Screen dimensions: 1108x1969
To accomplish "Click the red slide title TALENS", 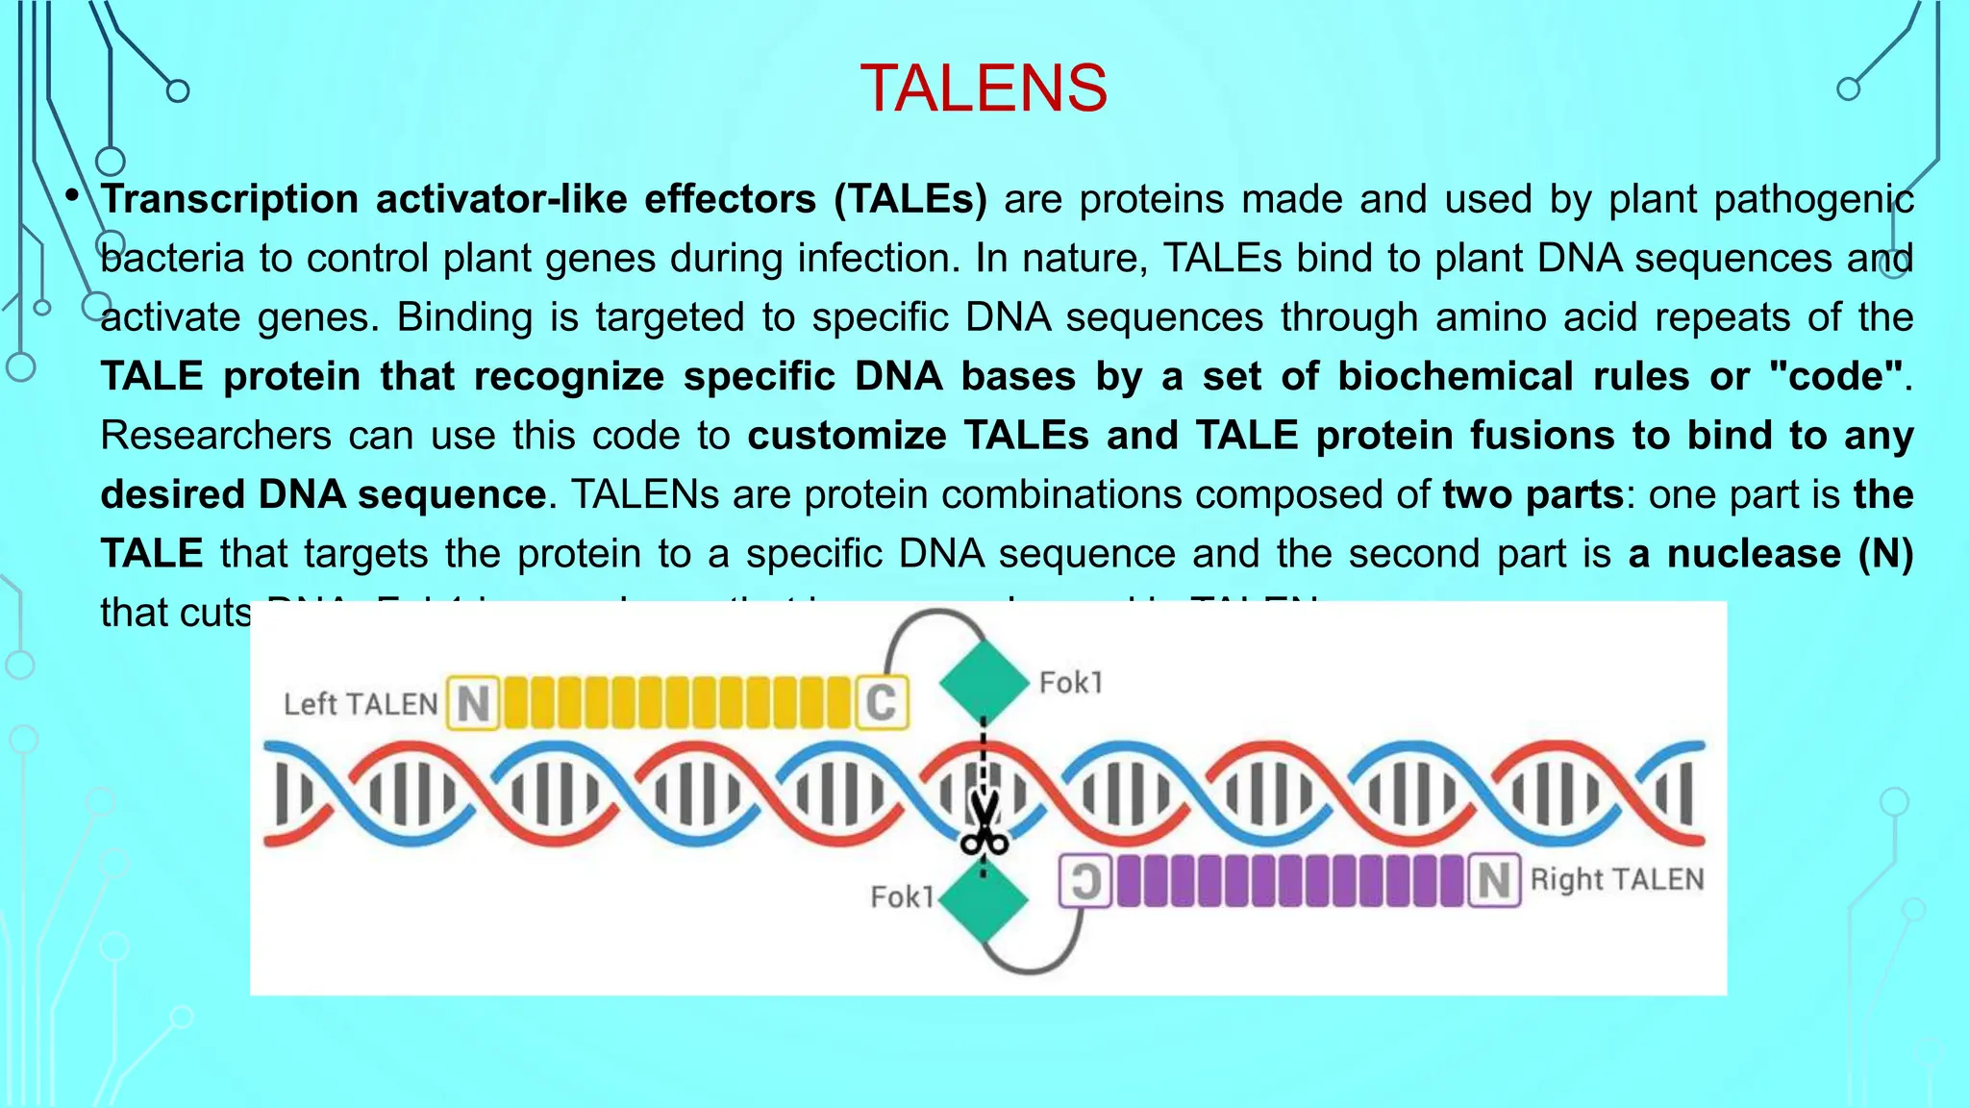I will (x=984, y=88).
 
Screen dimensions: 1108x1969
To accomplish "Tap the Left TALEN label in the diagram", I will (x=361, y=704).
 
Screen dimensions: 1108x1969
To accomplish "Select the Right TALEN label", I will (x=1617, y=879).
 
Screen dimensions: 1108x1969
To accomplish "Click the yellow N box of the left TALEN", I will (x=473, y=703).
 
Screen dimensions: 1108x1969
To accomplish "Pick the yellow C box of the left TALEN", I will (x=882, y=702).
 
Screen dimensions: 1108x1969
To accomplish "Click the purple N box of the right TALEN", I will (x=1494, y=880).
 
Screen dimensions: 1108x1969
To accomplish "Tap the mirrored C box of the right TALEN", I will (x=1085, y=880).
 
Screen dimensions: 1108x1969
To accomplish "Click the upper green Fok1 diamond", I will (x=984, y=680).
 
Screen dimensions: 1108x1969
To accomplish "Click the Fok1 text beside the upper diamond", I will (x=1071, y=683).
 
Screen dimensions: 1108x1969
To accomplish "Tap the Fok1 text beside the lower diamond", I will (x=902, y=897).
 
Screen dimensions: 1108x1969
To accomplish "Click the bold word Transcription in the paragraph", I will (x=230, y=199).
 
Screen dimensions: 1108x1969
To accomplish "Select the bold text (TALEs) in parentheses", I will (x=910, y=199).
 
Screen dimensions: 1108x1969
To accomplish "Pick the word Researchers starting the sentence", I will (x=215, y=436).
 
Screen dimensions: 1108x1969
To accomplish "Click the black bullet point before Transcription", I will (x=72, y=196).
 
